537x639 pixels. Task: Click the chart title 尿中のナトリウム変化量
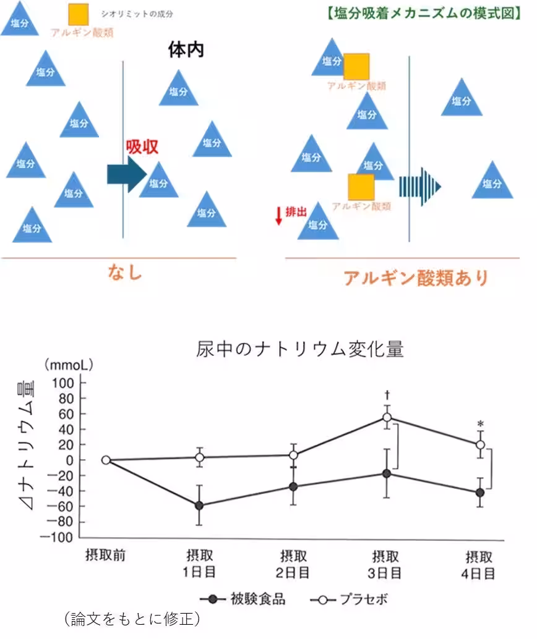point(300,350)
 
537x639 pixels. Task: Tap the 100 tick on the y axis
point(64,383)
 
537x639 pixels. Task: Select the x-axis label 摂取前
point(105,554)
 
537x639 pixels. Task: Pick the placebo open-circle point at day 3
point(387,418)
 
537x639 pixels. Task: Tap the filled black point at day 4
point(479,493)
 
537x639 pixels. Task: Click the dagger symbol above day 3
point(387,394)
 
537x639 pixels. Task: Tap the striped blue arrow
point(419,185)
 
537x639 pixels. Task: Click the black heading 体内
point(186,50)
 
